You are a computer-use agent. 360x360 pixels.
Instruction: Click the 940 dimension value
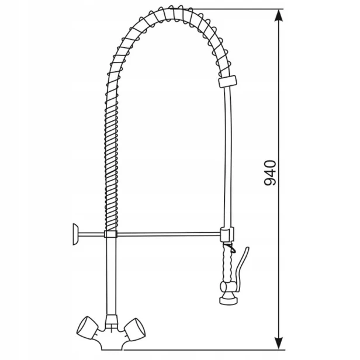(270, 173)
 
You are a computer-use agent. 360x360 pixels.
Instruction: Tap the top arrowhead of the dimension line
(279, 16)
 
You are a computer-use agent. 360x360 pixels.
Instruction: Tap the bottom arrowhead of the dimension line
(279, 343)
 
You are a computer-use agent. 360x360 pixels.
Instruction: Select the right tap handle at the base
(135, 329)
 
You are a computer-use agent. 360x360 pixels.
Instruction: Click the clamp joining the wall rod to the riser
(110, 234)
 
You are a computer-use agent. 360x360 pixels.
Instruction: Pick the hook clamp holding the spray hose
(227, 234)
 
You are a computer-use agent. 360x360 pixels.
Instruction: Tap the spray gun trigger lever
(241, 266)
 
